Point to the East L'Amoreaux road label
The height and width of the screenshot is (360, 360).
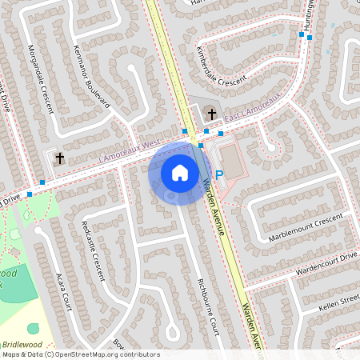pos(251,110)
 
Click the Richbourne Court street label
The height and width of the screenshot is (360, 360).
pos(208,304)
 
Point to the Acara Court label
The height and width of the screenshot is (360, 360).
pos(61,287)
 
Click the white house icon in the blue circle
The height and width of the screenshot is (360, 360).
pos(180,172)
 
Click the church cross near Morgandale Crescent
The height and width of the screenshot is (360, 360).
pos(60,158)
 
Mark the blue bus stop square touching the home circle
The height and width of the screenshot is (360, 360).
pos(201,146)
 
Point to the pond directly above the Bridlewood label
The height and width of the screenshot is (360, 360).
pos(33,328)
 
